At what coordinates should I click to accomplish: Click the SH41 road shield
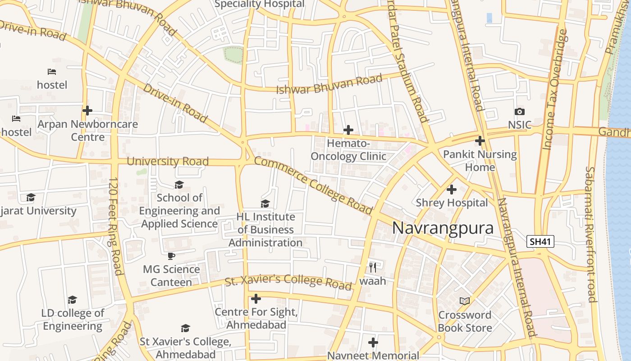(540, 241)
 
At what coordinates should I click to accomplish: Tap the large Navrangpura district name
(443, 228)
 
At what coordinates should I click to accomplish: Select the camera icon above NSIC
(519, 111)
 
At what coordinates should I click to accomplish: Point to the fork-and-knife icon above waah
(372, 267)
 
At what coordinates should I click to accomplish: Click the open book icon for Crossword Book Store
(464, 301)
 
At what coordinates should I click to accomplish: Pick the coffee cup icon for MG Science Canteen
(171, 256)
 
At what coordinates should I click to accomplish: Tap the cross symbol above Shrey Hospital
(451, 190)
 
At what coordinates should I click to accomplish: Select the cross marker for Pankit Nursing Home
(480, 141)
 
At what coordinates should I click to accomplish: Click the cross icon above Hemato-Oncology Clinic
(348, 130)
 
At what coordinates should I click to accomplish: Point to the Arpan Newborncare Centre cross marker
(87, 110)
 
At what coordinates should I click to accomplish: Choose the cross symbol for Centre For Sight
(256, 299)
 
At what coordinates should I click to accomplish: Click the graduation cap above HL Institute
(265, 204)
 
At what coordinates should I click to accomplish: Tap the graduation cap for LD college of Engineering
(72, 300)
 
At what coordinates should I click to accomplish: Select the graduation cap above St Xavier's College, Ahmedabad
(185, 328)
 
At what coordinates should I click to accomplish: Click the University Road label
(168, 161)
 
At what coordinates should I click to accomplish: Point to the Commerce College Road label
(313, 185)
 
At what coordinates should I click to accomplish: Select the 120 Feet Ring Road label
(116, 226)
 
